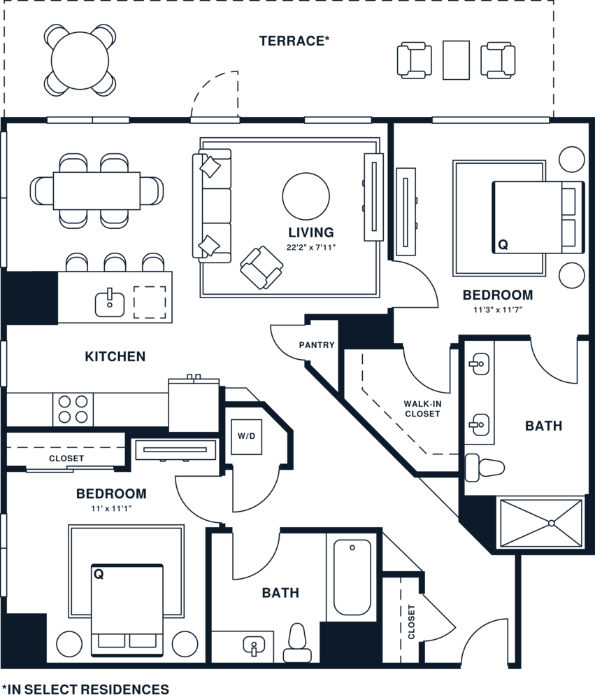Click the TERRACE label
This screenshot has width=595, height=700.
click(x=294, y=41)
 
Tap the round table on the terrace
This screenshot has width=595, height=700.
click(x=80, y=61)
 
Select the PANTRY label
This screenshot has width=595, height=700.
click(x=317, y=345)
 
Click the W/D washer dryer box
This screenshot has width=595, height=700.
click(x=246, y=436)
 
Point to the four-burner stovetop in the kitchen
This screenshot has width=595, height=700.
click(x=73, y=409)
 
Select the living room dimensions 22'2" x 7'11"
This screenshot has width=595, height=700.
click(x=311, y=247)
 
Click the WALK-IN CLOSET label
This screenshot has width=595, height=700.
click(x=422, y=409)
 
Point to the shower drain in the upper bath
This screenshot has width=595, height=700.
click(x=551, y=523)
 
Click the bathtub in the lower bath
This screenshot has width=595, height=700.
click(x=352, y=577)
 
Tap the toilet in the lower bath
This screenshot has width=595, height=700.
click(x=298, y=643)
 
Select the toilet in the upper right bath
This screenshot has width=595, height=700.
click(x=485, y=468)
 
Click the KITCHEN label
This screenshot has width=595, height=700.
click(x=115, y=356)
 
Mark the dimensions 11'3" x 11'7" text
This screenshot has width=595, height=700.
click(x=498, y=309)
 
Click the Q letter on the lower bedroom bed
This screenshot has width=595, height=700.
click(x=99, y=574)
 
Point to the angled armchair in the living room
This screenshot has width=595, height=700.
click(x=261, y=267)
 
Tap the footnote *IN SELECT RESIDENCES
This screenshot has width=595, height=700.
click(x=85, y=689)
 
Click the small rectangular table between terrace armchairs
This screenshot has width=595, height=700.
click(x=456, y=60)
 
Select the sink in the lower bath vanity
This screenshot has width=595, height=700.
click(x=254, y=646)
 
